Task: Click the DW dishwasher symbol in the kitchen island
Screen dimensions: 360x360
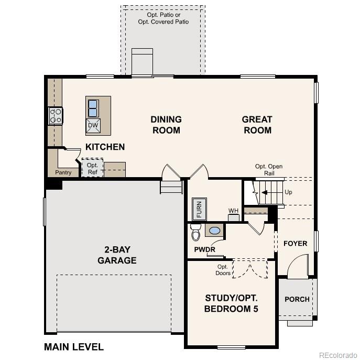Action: [x=93, y=125]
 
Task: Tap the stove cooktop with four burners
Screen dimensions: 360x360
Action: [x=56, y=116]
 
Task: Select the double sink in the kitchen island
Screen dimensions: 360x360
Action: [x=93, y=108]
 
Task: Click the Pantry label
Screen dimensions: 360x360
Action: [x=63, y=172]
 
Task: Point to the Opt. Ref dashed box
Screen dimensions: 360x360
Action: [x=92, y=168]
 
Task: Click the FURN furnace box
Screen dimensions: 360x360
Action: [x=199, y=208]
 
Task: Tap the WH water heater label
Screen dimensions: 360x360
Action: [x=233, y=211]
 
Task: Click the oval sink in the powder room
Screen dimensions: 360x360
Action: [x=214, y=230]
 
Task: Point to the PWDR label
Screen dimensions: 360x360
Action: [x=204, y=249]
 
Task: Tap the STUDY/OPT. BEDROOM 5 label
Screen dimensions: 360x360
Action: [x=231, y=303]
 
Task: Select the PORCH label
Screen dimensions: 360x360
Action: [x=297, y=299]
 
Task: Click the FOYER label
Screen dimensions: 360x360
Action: [x=295, y=244]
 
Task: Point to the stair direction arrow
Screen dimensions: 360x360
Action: [x=266, y=192]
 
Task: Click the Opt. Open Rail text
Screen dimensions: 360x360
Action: [x=269, y=170]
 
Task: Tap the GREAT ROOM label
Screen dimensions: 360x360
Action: [x=257, y=125]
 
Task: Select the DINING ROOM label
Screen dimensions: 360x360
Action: [x=166, y=125]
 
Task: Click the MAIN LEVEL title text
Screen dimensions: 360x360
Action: [x=74, y=347]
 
